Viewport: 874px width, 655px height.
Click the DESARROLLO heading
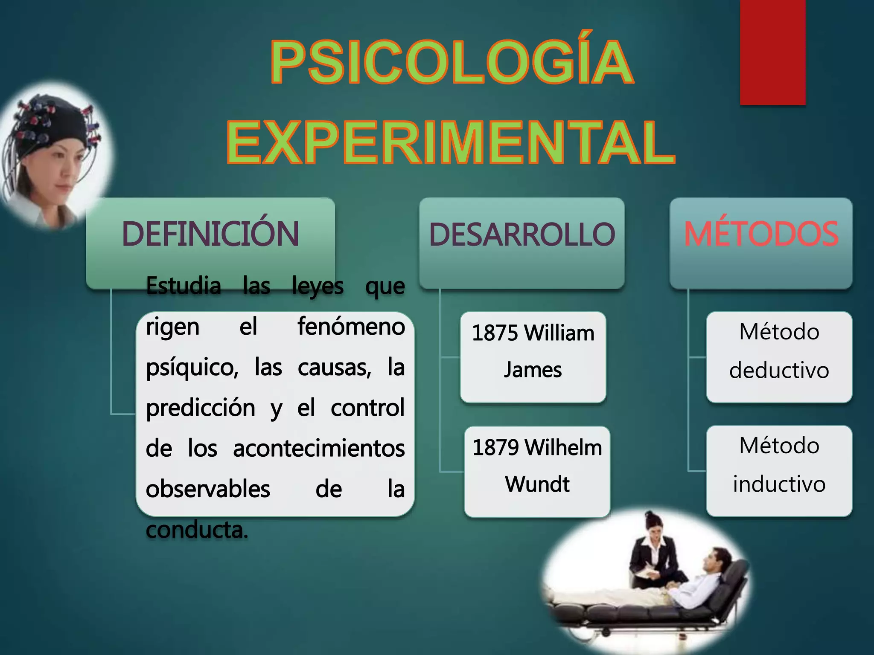(522, 234)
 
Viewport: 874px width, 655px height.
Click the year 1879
(496, 448)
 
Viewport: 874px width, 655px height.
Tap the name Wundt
(537, 484)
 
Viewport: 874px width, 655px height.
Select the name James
(533, 369)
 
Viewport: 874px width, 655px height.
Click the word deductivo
(779, 370)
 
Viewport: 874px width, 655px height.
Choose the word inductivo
(779, 484)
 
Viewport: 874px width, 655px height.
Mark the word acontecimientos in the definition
(319, 448)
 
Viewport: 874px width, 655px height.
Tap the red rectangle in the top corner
(773, 52)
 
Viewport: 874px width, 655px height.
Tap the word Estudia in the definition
(184, 285)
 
